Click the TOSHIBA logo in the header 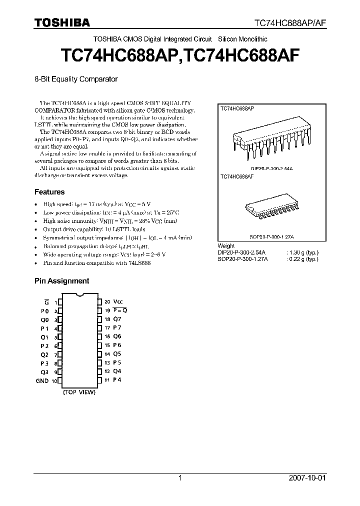click(62, 22)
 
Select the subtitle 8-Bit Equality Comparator click(76, 79)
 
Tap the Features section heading click(49, 191)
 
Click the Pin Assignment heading click(61, 281)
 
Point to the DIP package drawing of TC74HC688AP click(270, 140)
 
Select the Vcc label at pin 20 click(117, 302)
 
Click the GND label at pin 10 click(42, 380)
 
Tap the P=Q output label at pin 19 click(120, 310)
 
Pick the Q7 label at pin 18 click(117, 319)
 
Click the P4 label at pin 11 click(117, 380)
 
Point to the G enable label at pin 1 click(46, 302)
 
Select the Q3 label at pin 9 click(44, 371)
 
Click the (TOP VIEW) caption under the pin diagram click(79, 392)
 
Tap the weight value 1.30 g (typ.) click(302, 252)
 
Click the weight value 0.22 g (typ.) click(302, 259)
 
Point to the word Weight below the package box click(226, 246)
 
